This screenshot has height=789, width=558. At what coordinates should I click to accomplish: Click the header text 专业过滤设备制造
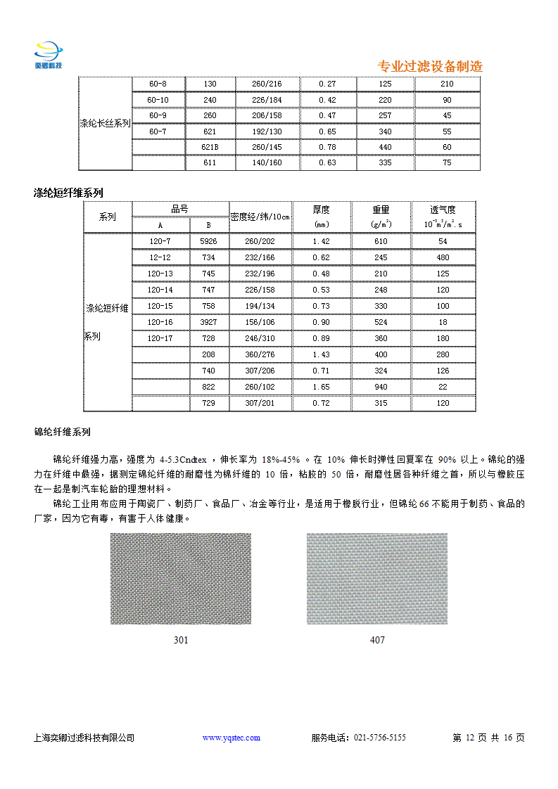430,66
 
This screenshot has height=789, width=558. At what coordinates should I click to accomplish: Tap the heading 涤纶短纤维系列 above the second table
68,193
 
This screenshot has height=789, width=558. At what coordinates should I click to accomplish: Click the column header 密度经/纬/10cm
260,217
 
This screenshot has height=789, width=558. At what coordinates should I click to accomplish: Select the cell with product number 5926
209,241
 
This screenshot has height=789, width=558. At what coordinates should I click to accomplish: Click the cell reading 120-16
160,322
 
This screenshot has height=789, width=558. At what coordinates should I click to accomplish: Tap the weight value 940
381,387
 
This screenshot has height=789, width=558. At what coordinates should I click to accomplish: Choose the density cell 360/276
260,354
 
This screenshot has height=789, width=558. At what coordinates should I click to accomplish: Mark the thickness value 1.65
322,387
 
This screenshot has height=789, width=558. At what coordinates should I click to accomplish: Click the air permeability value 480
443,257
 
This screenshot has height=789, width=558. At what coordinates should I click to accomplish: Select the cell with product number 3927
209,322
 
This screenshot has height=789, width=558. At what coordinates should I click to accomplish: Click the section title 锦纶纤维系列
63,432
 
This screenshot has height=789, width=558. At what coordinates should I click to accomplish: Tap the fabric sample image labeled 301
180,578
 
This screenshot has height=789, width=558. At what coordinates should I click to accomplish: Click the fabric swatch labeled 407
376,578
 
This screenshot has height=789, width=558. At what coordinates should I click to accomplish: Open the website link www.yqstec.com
232,738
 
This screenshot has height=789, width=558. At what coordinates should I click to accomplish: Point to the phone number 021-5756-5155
380,738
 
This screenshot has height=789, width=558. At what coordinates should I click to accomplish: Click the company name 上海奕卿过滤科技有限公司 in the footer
84,738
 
